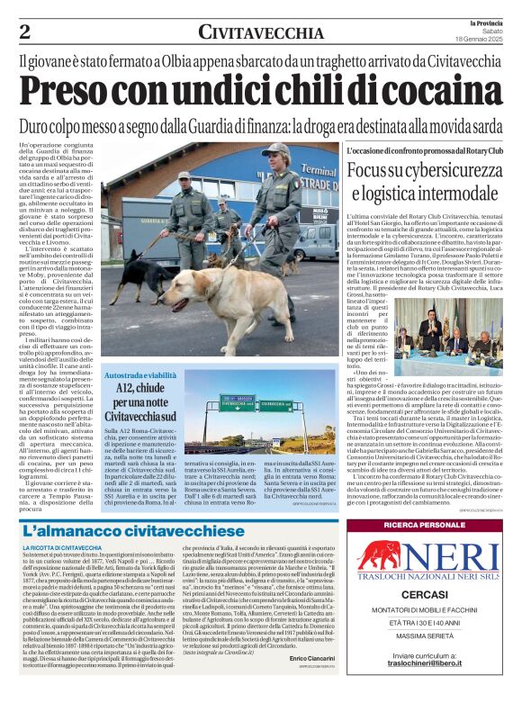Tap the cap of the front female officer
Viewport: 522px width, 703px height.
pos(277,150)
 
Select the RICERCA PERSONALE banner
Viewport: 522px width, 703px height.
pos(424,525)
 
